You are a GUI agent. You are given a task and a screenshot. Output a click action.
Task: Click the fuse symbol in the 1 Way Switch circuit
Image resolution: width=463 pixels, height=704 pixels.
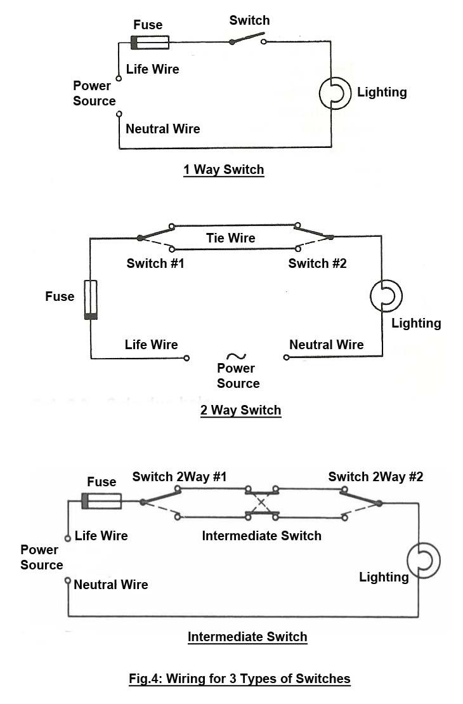[150, 43]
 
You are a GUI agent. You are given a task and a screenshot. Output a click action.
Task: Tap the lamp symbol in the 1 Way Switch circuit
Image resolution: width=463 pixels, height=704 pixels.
[334, 93]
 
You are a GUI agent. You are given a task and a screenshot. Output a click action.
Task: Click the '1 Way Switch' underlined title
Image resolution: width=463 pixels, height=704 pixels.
[223, 170]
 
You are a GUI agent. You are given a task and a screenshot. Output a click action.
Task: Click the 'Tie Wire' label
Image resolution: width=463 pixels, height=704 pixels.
[231, 238]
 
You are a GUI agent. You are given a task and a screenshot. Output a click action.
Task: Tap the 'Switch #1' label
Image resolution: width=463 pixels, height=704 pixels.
[155, 263]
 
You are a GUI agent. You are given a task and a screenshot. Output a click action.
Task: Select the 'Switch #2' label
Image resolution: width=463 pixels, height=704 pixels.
[317, 263]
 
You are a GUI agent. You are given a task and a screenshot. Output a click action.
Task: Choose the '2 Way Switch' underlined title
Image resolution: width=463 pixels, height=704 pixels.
[240, 410]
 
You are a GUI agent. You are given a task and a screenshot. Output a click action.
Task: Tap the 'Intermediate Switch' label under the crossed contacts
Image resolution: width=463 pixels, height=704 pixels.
[261, 536]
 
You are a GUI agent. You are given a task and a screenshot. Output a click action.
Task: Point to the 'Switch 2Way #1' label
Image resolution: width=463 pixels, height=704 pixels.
[179, 477]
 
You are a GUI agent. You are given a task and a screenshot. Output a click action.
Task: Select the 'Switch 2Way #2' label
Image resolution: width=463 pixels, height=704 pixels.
[375, 477]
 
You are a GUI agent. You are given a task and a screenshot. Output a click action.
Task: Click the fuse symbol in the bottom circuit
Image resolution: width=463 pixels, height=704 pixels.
[101, 501]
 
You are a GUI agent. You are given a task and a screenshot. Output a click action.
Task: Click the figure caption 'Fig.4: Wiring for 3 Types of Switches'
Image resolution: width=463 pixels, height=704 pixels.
[239, 679]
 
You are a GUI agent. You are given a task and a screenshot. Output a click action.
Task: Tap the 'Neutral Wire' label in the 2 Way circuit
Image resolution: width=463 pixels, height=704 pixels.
[326, 345]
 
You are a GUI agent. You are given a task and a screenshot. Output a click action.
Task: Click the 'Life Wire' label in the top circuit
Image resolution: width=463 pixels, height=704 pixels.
[152, 69]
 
